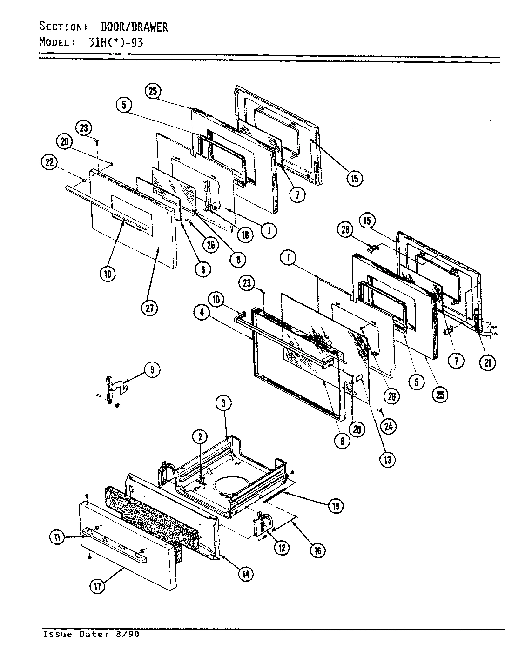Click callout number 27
tap(150, 308)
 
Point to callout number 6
tap(202, 268)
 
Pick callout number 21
tap(487, 363)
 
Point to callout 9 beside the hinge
tap(151, 370)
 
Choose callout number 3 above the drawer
tap(223, 404)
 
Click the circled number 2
tap(200, 436)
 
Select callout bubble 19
tap(335, 506)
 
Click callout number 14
tap(245, 574)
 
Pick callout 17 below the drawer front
tap(98, 587)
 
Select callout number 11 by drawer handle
tap(58, 538)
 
